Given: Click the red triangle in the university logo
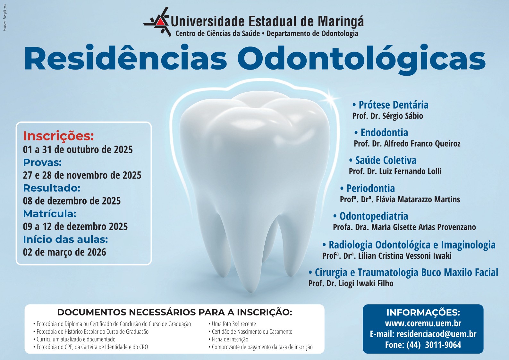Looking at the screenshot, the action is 160,21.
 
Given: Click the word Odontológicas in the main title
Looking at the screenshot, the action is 361,59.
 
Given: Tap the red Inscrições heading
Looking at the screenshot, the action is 58,136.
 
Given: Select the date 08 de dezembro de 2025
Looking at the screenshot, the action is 72,201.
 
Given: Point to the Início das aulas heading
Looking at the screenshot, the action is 65,239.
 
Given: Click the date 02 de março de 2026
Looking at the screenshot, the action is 64,252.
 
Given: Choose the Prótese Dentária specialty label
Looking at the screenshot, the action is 390,105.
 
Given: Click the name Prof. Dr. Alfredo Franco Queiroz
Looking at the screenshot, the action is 407,144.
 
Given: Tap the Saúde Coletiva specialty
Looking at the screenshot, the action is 383,160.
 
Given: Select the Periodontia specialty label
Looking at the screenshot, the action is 368,188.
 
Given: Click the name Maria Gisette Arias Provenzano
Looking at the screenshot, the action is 424,227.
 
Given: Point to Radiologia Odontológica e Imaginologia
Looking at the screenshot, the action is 409,245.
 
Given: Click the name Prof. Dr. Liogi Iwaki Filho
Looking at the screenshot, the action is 351,283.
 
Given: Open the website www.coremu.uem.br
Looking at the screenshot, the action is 423,323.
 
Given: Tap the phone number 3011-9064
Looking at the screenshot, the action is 443,345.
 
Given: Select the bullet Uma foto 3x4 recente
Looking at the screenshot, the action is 232,324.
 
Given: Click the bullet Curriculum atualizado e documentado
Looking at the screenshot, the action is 74,339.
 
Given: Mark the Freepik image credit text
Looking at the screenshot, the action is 5,18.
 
